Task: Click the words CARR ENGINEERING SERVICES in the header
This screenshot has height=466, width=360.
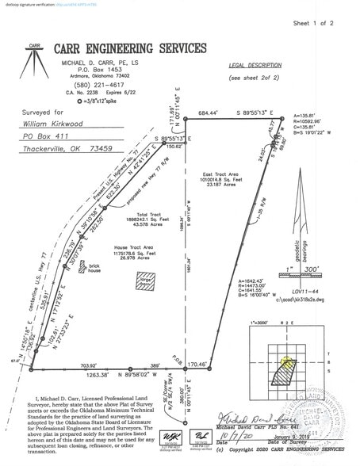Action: click(x=140, y=48)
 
